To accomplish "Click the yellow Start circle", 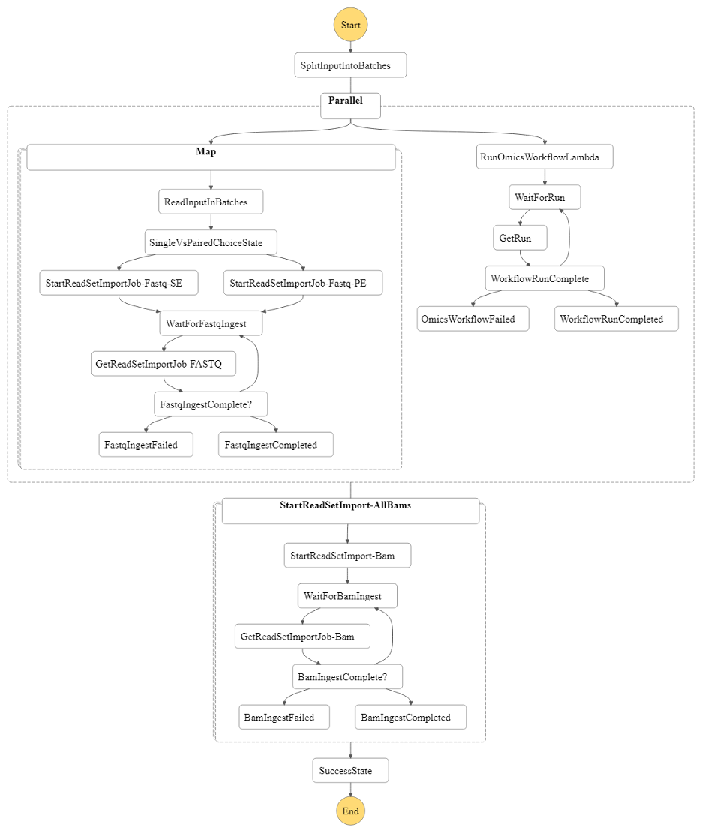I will (350, 25).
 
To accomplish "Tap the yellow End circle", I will (350, 811).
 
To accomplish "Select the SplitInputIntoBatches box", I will (350, 65).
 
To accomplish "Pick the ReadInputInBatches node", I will (211, 202).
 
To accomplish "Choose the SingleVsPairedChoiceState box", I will (211, 242).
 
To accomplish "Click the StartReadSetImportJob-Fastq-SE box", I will (119, 283).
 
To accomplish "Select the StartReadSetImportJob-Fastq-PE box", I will (303, 283).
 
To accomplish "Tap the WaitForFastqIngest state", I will (211, 323).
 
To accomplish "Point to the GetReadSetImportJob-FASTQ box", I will (163, 364).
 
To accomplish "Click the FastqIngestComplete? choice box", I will (211, 404).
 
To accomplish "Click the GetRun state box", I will (520, 238).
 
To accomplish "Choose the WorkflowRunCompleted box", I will (616, 319).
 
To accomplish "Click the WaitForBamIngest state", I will (347, 596).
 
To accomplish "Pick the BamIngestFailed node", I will (285, 718).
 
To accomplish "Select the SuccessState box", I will (350, 770).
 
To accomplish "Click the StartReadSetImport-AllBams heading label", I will (345, 505).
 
